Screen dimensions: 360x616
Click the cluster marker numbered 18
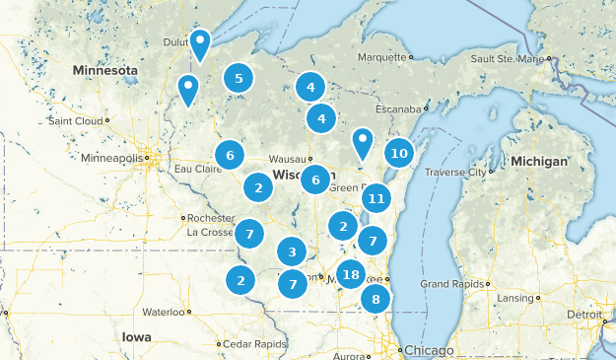(351, 275)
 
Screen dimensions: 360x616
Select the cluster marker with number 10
(398, 153)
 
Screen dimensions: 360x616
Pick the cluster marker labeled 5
(238, 78)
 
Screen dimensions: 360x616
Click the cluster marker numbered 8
(376, 299)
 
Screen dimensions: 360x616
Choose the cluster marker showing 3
(292, 252)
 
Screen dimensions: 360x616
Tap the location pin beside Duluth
(200, 42)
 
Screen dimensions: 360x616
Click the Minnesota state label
(103, 71)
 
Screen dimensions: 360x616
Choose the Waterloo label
(163, 312)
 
